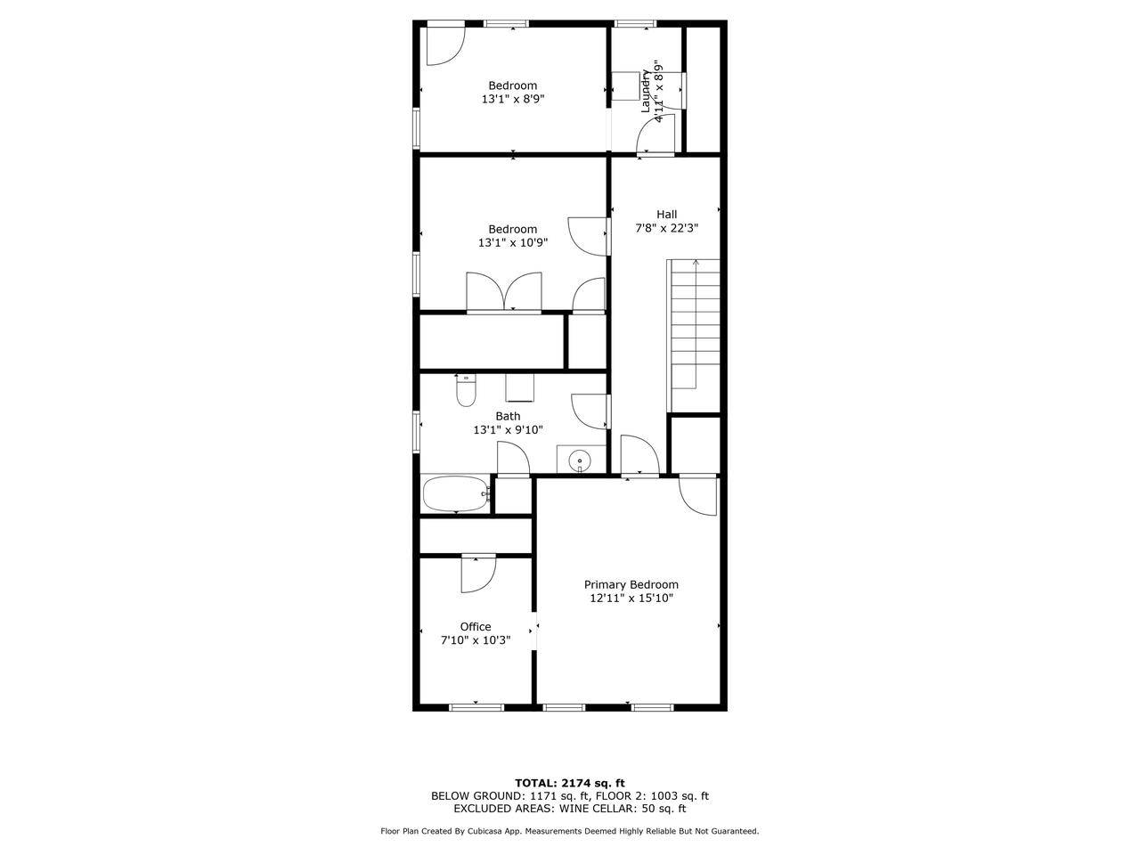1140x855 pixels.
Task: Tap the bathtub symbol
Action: click(x=456, y=493)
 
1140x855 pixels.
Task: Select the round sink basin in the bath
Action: click(x=579, y=460)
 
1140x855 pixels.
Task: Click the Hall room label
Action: click(x=666, y=215)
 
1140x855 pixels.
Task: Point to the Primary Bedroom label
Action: click(x=631, y=584)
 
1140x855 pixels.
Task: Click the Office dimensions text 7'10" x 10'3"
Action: click(x=476, y=640)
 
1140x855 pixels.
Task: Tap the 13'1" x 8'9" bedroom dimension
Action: click(x=513, y=99)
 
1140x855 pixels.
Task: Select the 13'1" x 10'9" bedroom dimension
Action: click(x=513, y=242)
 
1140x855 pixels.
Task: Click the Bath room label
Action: click(x=508, y=416)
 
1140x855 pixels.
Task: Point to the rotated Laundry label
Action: click(x=646, y=91)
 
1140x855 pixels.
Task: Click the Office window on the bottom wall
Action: click(x=476, y=707)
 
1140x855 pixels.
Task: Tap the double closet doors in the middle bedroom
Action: click(x=504, y=292)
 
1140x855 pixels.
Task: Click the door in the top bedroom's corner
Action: click(x=445, y=45)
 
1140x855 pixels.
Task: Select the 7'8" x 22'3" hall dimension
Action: click(x=667, y=228)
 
